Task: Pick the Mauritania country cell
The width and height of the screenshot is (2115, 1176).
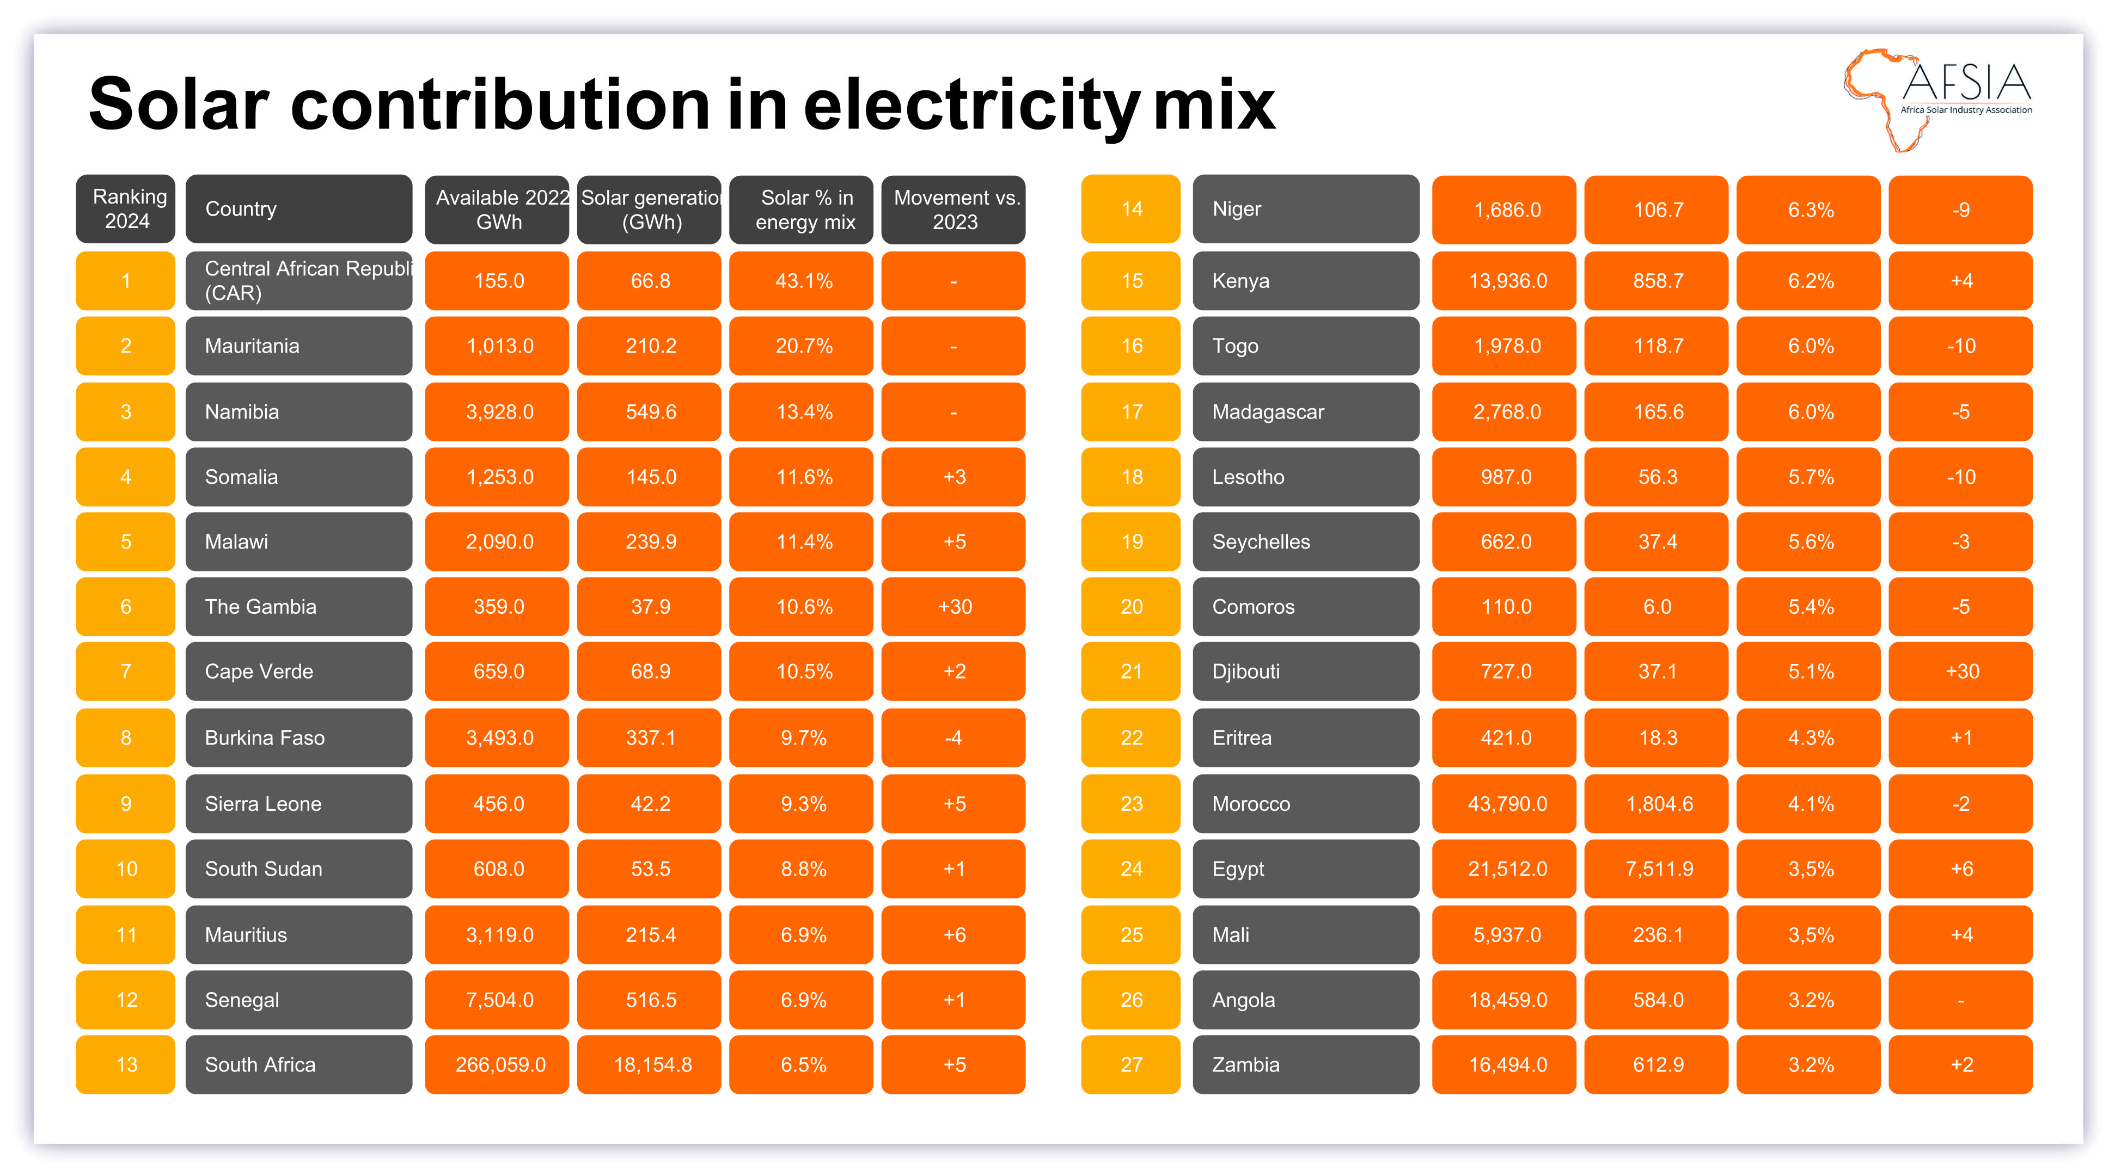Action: pos(298,346)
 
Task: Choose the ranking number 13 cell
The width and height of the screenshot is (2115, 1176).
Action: pos(126,1065)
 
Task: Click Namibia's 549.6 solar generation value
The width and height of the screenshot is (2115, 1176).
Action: pos(650,412)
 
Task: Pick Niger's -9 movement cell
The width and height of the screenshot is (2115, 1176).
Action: pos(1960,210)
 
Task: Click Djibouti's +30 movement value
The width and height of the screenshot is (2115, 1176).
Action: pos(1960,672)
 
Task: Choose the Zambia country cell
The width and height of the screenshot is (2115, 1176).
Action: pos(1305,1065)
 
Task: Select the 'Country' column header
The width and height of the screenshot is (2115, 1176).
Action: pos(298,210)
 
